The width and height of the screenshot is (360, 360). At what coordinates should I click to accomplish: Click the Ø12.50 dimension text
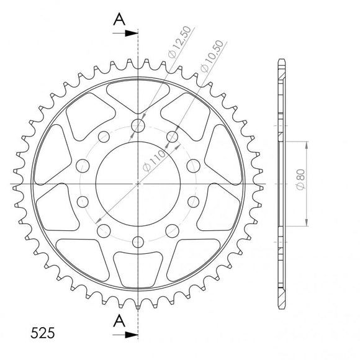pos(176,44)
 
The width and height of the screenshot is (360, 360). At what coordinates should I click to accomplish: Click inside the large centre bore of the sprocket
pos(138,184)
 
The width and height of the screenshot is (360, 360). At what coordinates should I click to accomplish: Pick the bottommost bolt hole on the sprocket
pos(138,242)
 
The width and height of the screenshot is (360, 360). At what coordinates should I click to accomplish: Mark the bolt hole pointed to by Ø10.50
pos(173,137)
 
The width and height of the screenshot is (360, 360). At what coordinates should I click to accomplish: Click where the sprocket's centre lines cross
pos(138,184)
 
